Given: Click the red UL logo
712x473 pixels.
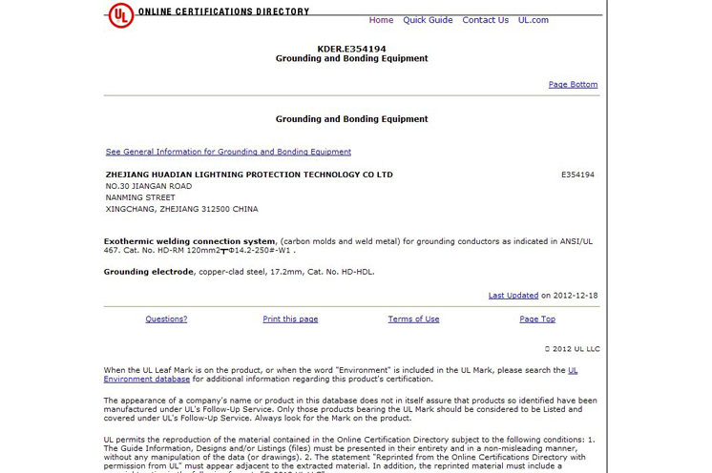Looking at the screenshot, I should tap(120, 15).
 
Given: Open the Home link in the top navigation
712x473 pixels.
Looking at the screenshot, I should tap(381, 20).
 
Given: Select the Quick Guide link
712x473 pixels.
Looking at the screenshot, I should tap(428, 20).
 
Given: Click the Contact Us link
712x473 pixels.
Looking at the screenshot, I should tap(485, 20).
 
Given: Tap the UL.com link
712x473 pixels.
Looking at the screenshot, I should tap(534, 20).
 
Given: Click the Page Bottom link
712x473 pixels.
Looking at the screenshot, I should tap(573, 85).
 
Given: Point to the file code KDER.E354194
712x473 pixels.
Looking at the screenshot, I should tap(351, 49).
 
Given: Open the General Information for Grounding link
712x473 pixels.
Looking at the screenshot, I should tap(228, 152).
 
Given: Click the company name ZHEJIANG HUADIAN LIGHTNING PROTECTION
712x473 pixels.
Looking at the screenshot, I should tap(248, 175).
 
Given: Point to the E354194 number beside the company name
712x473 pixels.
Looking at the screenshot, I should tap(577, 175).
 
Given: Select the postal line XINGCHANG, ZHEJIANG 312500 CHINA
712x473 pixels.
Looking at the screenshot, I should tap(181, 210).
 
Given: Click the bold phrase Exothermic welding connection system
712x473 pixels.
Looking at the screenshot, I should tap(189, 241).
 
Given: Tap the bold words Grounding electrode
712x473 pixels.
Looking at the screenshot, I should tap(149, 272).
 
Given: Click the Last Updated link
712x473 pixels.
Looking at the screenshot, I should tap(513, 296).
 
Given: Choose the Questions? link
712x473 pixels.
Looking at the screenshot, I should tap(166, 319).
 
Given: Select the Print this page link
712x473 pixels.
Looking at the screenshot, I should tap(290, 319).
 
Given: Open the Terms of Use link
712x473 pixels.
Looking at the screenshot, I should tap(413, 319).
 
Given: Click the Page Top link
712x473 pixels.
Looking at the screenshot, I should tap(537, 319).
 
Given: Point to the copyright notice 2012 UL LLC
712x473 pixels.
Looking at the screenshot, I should tap(572, 349).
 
